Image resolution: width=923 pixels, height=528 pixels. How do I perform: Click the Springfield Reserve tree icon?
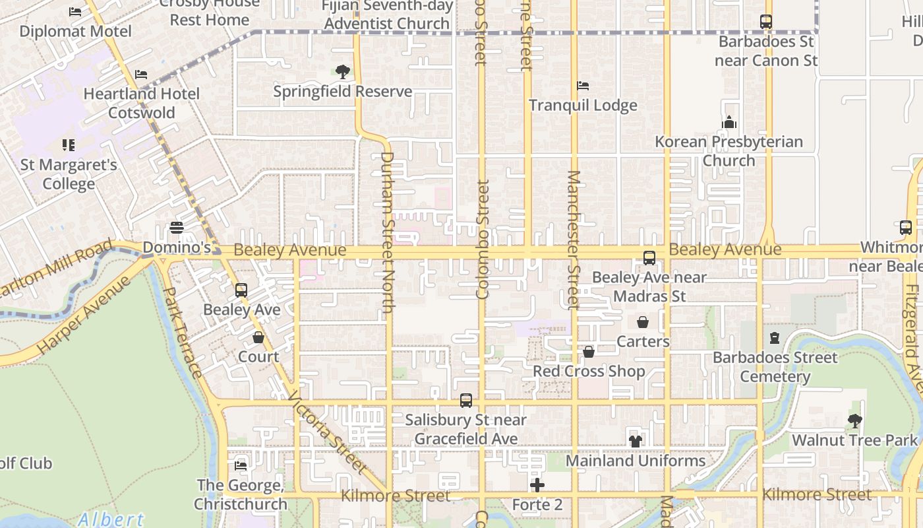coord(342,72)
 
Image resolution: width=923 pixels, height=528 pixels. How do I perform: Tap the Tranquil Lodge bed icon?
coord(583,86)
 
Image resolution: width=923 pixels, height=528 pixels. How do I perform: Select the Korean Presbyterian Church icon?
coord(729,122)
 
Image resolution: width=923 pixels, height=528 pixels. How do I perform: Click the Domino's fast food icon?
coord(177,228)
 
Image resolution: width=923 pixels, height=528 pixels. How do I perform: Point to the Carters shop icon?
coord(642,322)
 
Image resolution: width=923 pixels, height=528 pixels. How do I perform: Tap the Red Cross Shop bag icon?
coord(589,352)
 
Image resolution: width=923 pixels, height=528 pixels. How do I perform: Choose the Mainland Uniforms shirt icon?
coord(636,441)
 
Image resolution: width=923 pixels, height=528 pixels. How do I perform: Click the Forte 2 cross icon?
coord(537,486)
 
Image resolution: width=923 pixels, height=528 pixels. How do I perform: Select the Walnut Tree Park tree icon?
coord(854,420)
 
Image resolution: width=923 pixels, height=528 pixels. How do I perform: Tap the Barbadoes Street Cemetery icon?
coord(775,339)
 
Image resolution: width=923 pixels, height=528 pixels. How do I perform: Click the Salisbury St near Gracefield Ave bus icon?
coord(466,400)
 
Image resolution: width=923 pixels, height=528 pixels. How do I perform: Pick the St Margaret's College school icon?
coord(69,145)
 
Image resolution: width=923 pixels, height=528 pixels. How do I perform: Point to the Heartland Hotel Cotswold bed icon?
coord(141,75)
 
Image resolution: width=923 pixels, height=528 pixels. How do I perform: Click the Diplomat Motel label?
coord(75,31)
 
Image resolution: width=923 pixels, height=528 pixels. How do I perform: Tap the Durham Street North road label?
coord(388,232)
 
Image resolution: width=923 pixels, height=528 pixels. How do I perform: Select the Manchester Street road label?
coord(573,240)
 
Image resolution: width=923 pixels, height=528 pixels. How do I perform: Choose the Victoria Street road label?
coord(327,432)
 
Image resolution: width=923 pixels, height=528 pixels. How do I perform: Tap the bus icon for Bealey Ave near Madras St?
coord(649,258)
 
